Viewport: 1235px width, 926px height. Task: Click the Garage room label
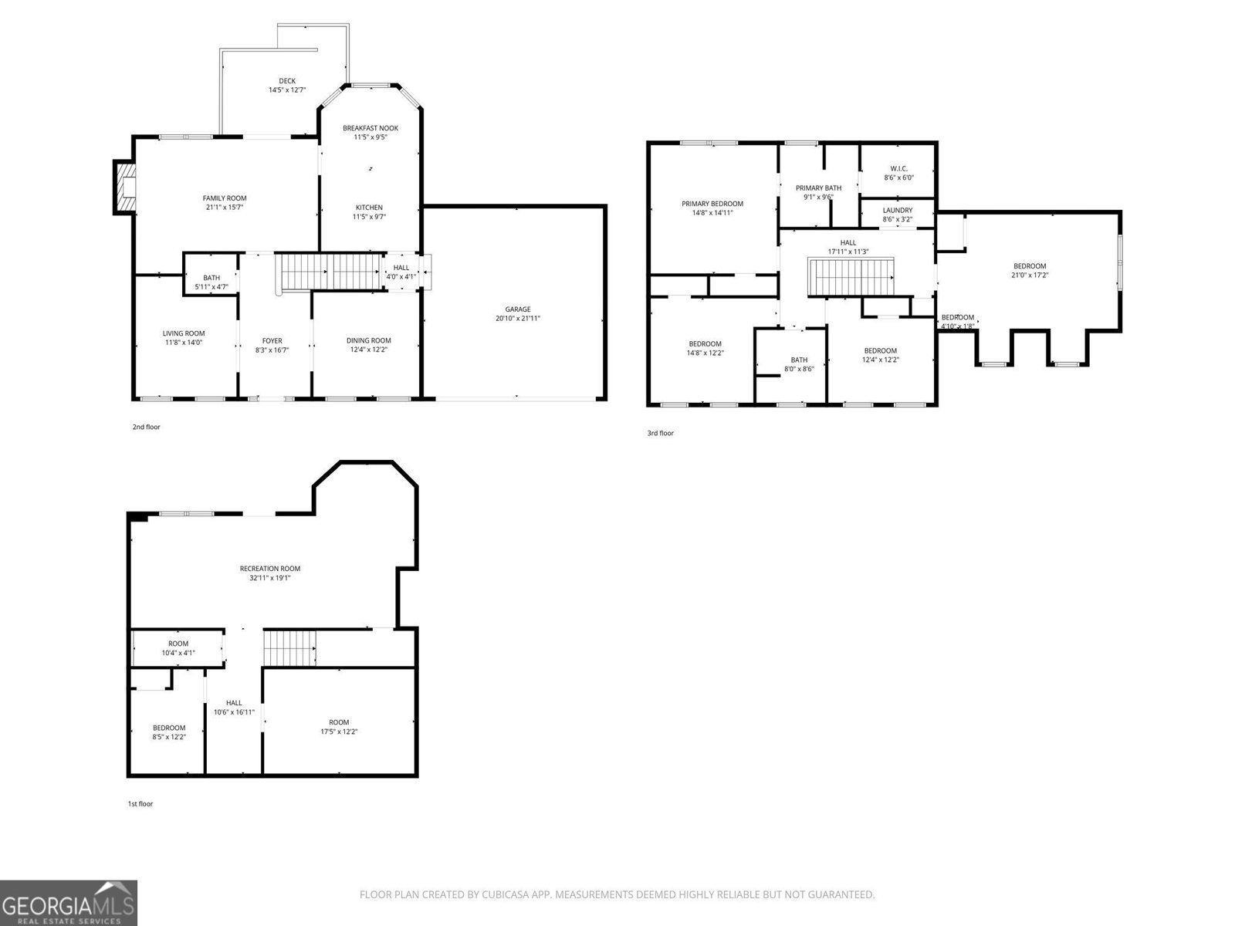pos(517,309)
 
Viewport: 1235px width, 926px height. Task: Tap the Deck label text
pos(287,81)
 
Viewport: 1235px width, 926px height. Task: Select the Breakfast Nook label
pos(370,128)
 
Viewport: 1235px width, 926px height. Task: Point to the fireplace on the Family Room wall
pos(124,187)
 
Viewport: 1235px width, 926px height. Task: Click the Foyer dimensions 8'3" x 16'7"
pos(272,350)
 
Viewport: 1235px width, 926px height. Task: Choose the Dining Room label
pos(368,340)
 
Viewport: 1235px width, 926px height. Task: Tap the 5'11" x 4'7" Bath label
pos(211,287)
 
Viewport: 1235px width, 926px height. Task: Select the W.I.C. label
pos(898,168)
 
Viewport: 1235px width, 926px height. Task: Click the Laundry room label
pos(897,210)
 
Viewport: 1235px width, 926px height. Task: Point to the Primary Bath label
pos(818,188)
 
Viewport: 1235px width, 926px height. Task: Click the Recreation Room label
pos(269,569)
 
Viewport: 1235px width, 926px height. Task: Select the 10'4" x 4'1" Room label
pos(178,653)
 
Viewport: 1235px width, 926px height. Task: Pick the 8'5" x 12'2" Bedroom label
pos(168,728)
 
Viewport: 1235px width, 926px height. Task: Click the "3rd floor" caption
pos(660,434)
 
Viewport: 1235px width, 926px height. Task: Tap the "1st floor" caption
pos(140,804)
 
